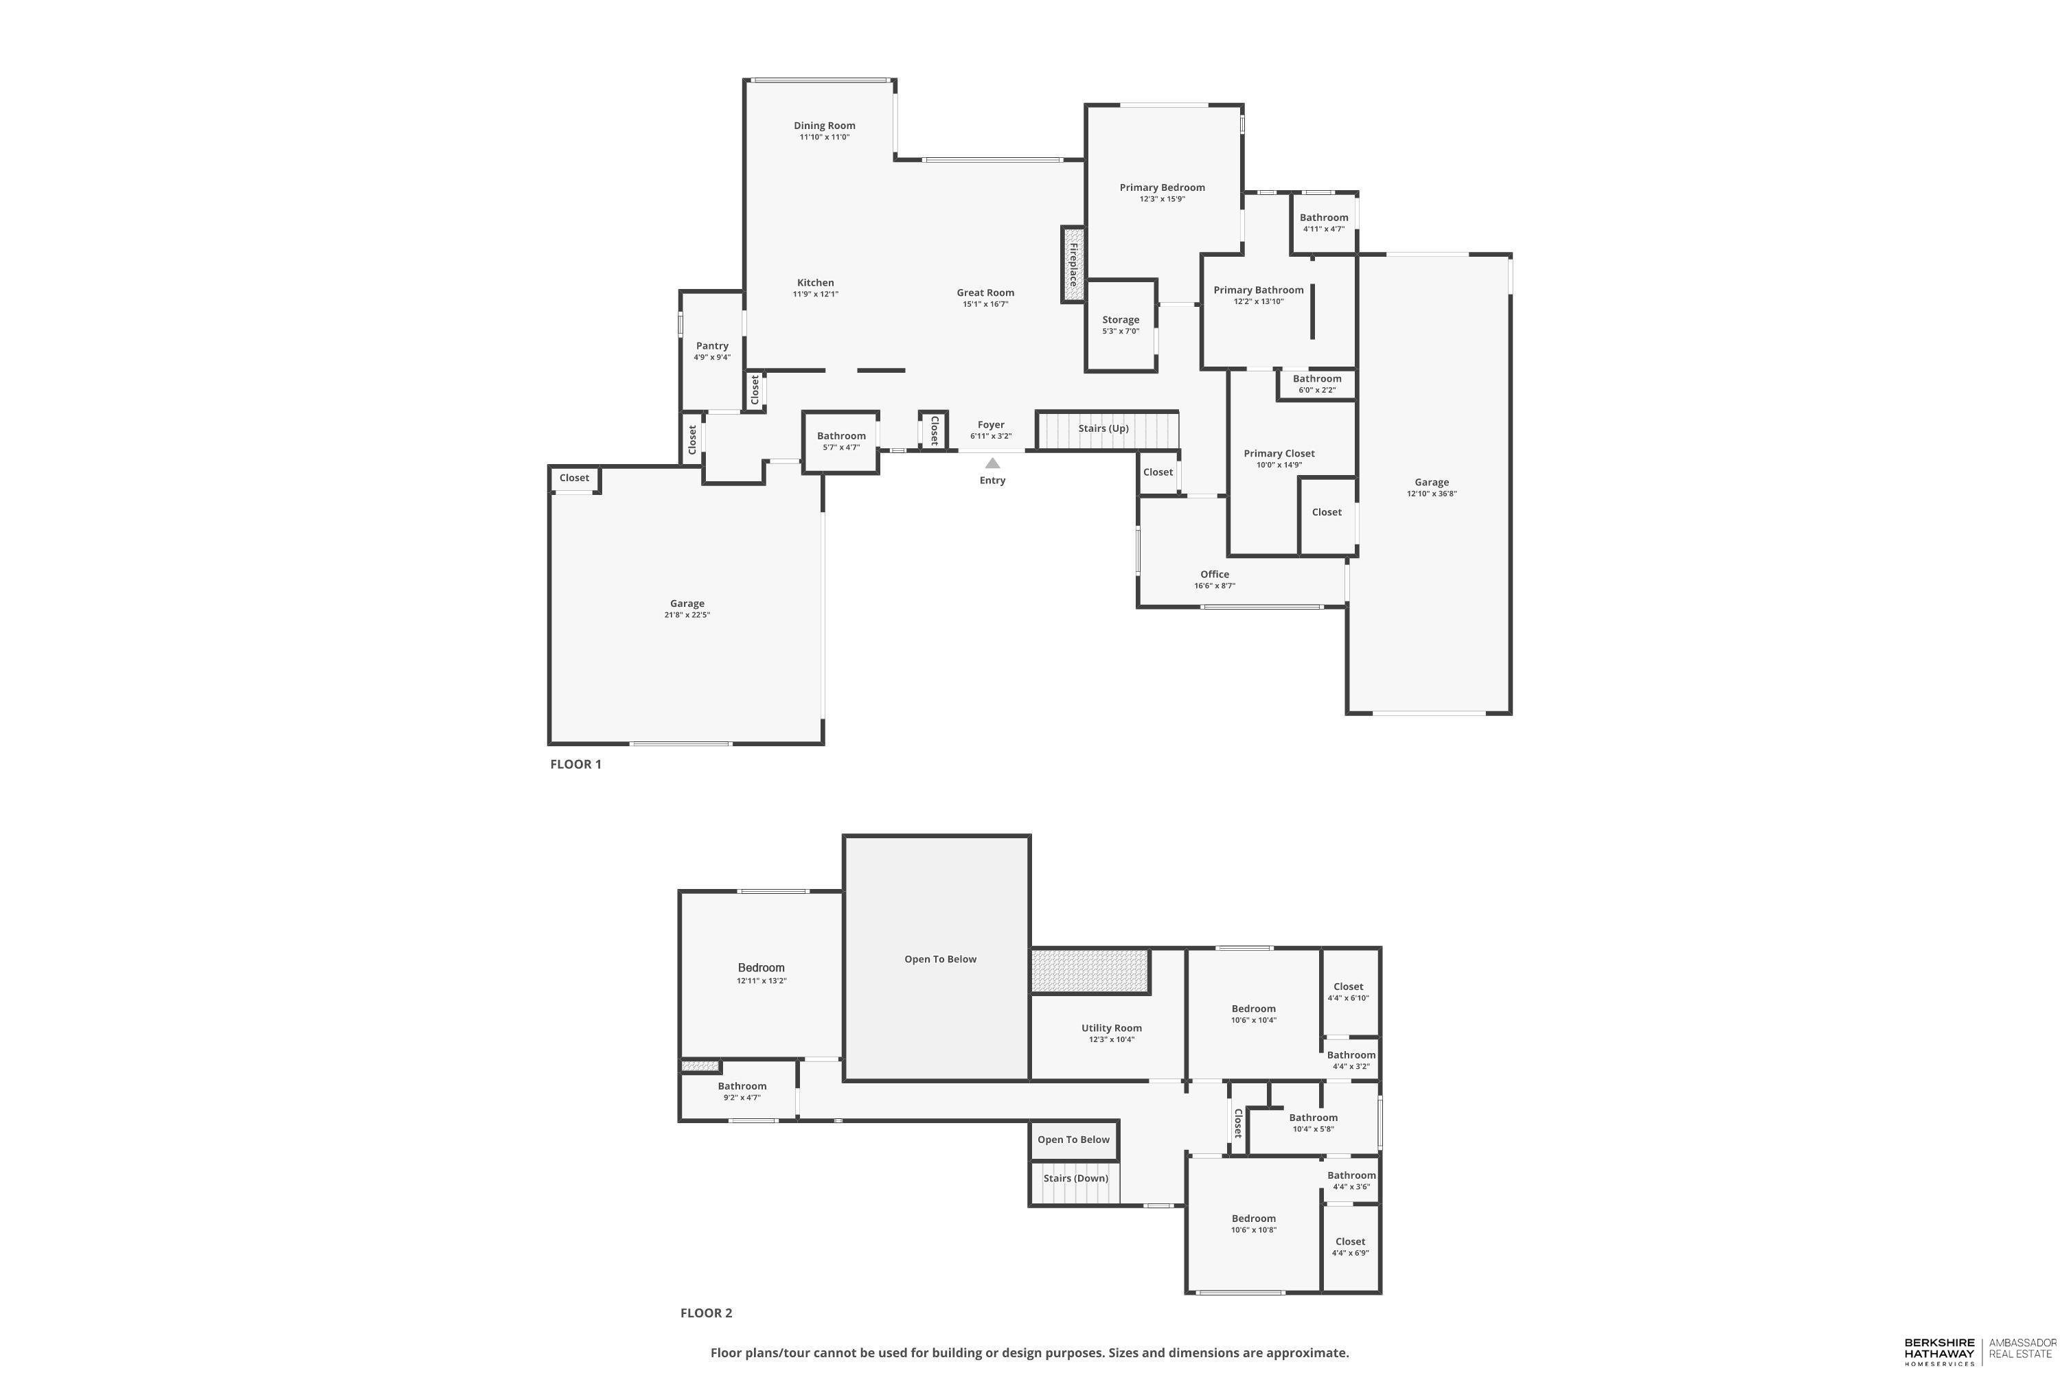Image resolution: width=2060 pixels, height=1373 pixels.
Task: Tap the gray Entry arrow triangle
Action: click(x=992, y=463)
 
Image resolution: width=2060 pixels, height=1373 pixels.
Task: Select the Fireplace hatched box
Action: click(x=1072, y=264)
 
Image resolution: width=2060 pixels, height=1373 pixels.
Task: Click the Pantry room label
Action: click(x=712, y=346)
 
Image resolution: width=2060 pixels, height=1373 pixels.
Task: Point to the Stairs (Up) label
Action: click(x=1103, y=428)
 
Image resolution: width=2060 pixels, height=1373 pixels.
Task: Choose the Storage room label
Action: click(x=1120, y=320)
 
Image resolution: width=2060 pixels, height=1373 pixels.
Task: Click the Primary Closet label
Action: click(x=1279, y=454)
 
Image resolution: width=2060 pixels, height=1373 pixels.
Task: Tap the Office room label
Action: click(x=1214, y=575)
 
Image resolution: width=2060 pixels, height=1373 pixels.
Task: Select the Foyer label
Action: click(x=991, y=425)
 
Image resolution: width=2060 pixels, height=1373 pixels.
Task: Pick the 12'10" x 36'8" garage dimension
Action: click(x=1431, y=494)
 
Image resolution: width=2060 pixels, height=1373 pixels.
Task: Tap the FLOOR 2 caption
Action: click(x=706, y=1313)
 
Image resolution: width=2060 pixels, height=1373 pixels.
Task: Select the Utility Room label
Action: click(x=1110, y=1028)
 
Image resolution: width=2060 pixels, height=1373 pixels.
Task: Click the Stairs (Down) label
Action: click(x=1075, y=1178)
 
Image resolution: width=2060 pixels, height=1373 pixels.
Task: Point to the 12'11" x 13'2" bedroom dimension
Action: click(x=761, y=981)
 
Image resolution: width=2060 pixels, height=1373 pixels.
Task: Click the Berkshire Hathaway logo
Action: click(x=1939, y=1350)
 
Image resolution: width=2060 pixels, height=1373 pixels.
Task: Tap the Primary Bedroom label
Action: click(x=1161, y=187)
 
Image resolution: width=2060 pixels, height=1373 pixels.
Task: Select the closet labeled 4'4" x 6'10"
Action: click(x=1348, y=992)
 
